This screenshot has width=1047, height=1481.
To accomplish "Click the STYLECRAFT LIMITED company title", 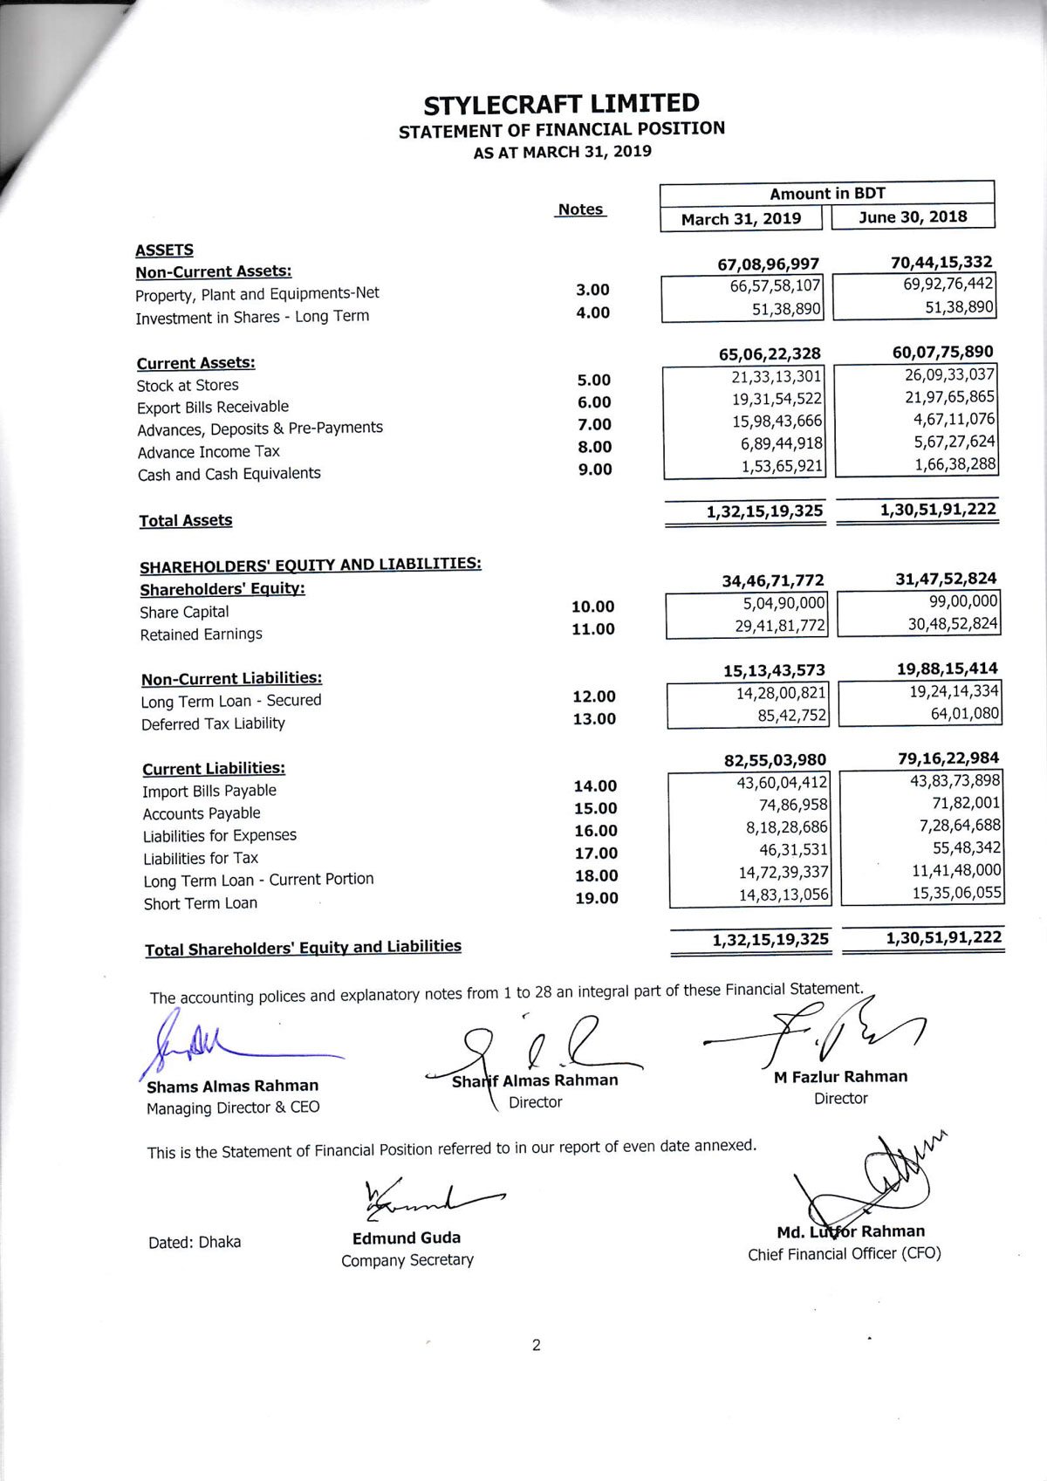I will [x=561, y=104].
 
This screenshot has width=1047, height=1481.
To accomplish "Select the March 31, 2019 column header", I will [x=741, y=218].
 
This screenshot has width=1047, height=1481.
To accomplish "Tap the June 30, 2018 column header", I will [x=913, y=216].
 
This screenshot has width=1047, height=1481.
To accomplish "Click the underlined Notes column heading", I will [x=580, y=209].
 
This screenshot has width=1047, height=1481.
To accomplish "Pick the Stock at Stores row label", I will [x=188, y=385].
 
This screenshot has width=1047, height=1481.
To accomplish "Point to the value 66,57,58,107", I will [x=775, y=286].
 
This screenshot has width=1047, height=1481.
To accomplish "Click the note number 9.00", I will [x=595, y=470].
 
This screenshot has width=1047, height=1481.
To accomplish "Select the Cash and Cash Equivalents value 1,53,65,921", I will [x=782, y=466].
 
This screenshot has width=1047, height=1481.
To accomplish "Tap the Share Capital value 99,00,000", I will [x=963, y=600].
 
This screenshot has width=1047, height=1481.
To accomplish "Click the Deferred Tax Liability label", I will [x=213, y=723].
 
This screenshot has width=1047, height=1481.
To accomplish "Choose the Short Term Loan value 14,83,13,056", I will [x=784, y=895].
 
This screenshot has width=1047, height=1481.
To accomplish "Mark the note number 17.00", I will [x=596, y=854].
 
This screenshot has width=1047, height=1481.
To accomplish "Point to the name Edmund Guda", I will [x=407, y=1238].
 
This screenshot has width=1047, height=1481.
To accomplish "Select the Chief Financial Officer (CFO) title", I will [x=844, y=1254].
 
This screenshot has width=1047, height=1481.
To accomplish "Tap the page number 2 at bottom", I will [x=536, y=1345].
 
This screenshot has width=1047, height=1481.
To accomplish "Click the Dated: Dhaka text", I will [x=195, y=1242].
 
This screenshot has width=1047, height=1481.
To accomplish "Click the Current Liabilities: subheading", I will [x=214, y=768].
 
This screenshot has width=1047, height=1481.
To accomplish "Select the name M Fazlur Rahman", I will [x=840, y=1077].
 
